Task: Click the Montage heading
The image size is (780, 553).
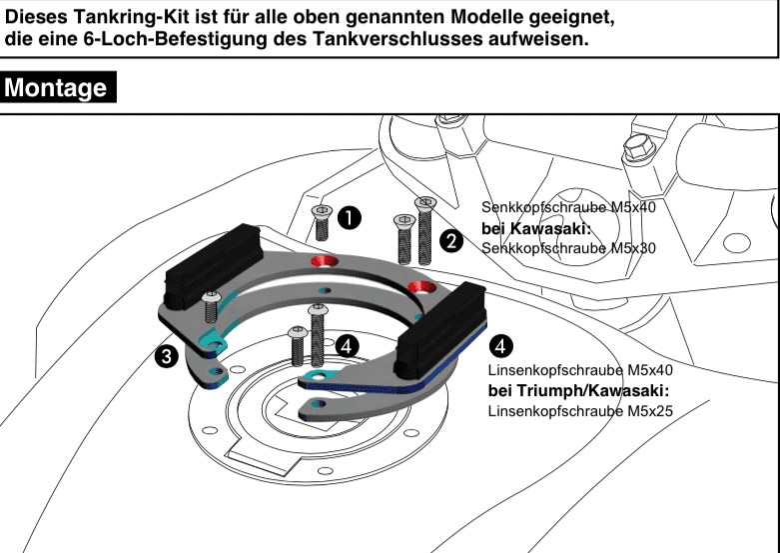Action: (x=56, y=88)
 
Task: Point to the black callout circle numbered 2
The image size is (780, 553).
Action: (x=451, y=240)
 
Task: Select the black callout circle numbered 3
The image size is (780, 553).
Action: (x=167, y=355)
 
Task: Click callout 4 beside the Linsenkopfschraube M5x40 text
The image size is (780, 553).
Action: (x=499, y=345)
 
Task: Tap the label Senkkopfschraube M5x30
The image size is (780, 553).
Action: (x=568, y=247)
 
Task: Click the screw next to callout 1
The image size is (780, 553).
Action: (x=323, y=222)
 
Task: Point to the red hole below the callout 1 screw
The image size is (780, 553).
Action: (x=325, y=262)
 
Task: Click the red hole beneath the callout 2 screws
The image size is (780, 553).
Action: (x=418, y=288)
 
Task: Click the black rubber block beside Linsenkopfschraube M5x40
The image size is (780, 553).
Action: (x=439, y=330)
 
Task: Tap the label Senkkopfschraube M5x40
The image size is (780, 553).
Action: (x=568, y=207)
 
